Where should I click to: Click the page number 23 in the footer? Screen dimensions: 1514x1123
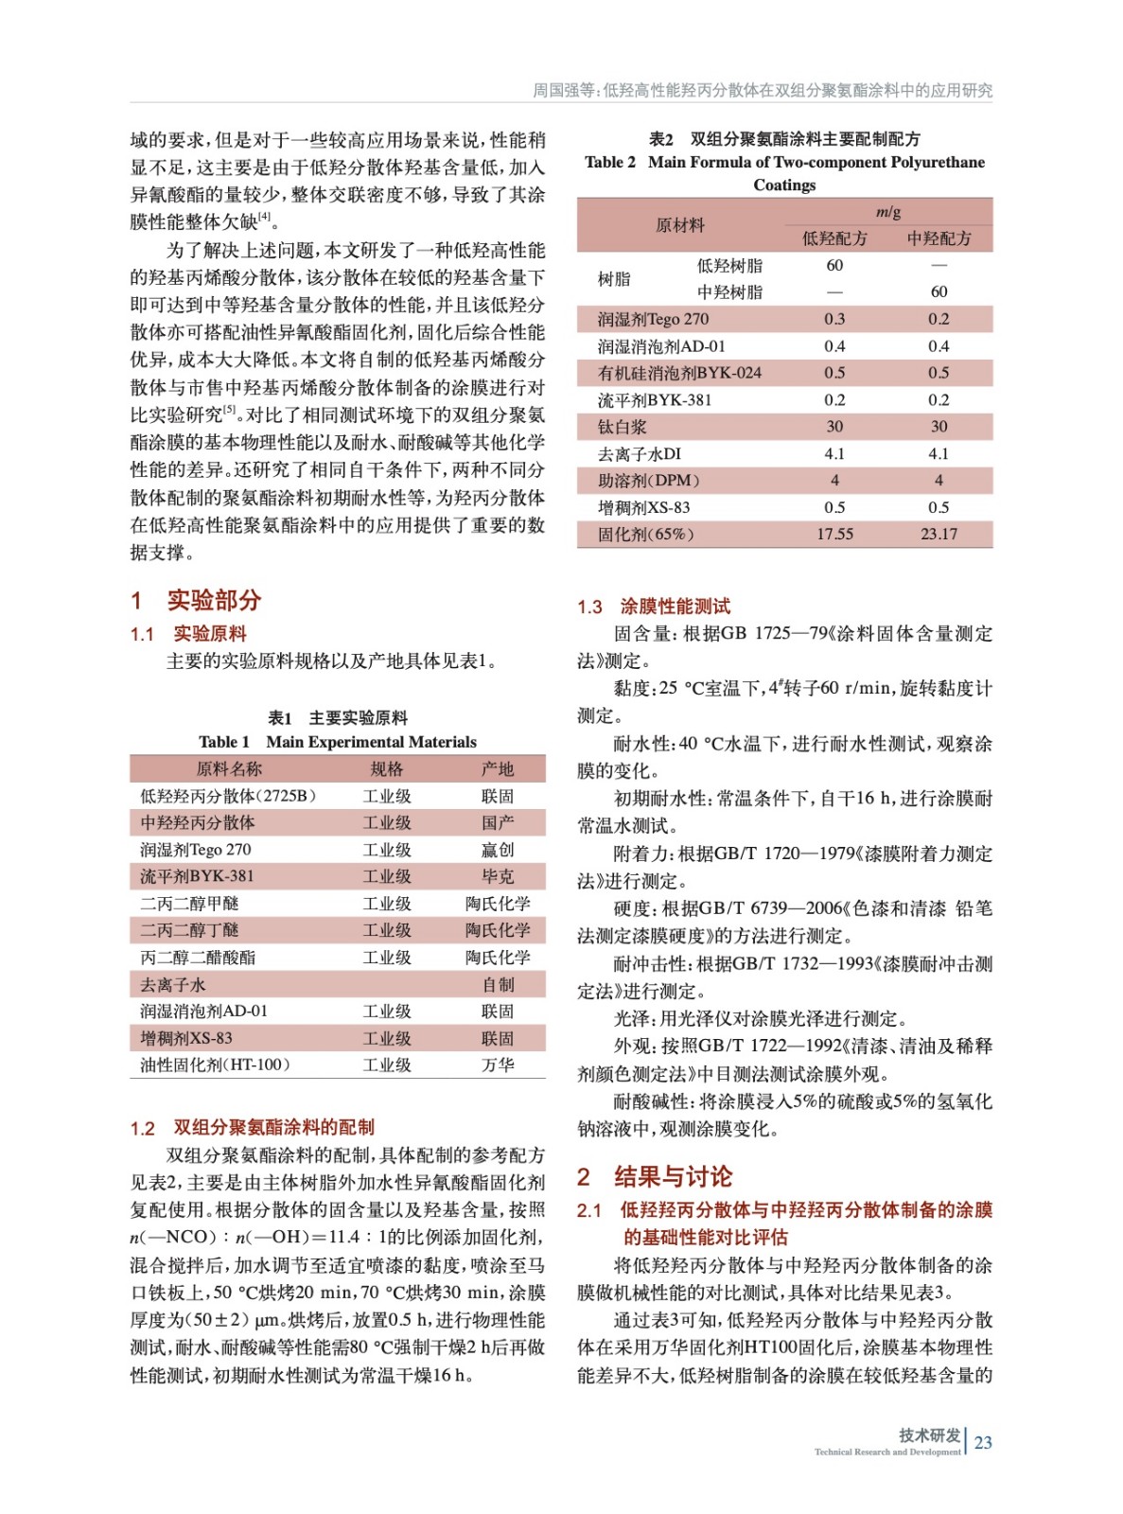click(983, 1442)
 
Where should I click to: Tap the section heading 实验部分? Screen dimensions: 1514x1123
click(214, 600)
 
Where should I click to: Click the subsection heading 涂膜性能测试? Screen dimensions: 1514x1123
click(675, 607)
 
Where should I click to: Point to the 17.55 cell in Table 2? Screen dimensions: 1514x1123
click(834, 534)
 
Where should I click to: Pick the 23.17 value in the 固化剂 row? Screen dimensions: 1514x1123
click(939, 534)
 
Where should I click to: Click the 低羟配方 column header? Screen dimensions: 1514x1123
click(834, 238)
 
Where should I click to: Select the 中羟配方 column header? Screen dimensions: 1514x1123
click(939, 238)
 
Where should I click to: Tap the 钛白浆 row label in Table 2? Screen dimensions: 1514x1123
click(623, 427)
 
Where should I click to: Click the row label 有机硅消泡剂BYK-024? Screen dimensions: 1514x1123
click(679, 373)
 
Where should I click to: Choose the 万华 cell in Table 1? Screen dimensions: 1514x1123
click(498, 1065)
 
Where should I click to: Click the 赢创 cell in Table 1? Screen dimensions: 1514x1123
click(498, 850)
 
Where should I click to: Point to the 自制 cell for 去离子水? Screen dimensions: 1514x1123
click(498, 985)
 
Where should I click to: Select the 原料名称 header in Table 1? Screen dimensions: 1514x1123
click(229, 768)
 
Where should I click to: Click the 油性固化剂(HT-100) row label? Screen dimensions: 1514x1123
click(215, 1065)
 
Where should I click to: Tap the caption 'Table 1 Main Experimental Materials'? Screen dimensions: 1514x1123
click(338, 742)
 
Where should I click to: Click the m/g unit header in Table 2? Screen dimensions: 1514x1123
click(887, 212)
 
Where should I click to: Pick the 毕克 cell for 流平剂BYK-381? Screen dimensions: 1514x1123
click(498, 876)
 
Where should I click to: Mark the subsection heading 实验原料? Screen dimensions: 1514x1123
click(210, 634)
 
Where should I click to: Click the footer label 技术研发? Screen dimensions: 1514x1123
click(929, 1435)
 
